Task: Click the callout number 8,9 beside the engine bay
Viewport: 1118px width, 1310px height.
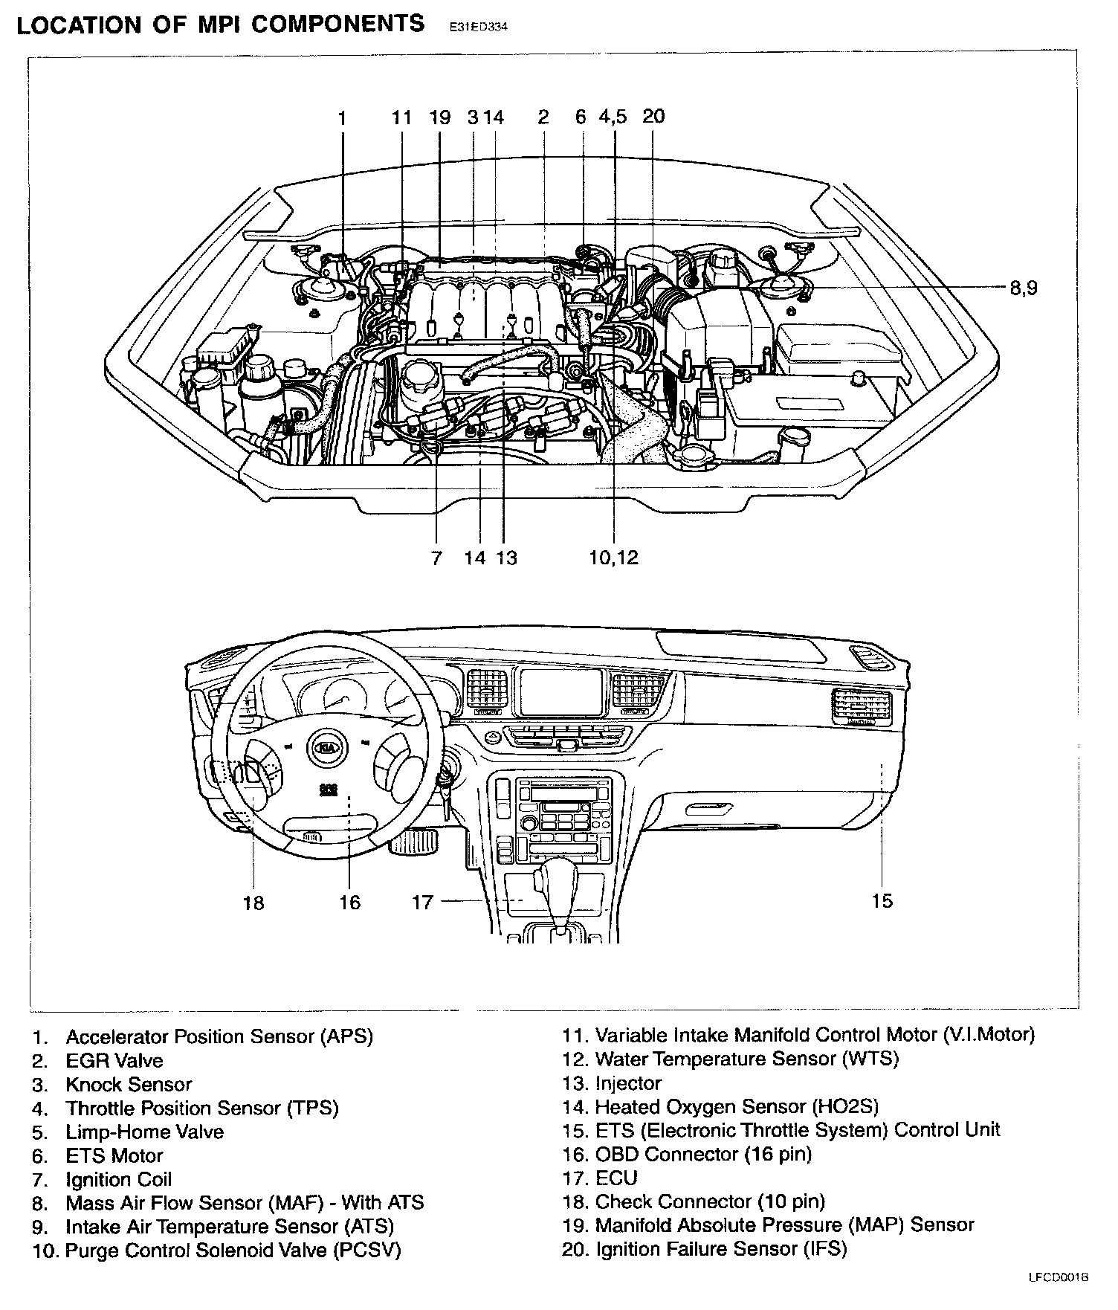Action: [x=1023, y=288]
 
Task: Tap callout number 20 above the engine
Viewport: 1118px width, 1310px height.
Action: [x=653, y=116]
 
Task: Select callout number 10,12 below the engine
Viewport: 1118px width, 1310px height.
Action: [x=613, y=558]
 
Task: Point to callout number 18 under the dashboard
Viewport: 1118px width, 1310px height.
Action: [x=253, y=903]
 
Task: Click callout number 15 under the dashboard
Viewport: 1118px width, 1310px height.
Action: [x=882, y=901]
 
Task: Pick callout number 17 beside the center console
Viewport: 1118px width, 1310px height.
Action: [x=422, y=902]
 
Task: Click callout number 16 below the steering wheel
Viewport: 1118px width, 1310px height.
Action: [x=349, y=903]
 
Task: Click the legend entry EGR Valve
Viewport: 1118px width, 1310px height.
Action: [x=114, y=1060]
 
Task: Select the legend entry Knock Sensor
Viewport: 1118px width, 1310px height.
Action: [x=129, y=1084]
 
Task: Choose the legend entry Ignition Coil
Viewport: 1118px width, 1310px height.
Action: [x=118, y=1179]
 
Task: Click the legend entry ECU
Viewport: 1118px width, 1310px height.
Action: [x=616, y=1178]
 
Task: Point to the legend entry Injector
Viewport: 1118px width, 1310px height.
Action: [x=628, y=1083]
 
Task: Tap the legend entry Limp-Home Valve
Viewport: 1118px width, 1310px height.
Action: [x=144, y=1132]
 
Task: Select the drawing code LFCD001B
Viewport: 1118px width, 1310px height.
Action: [x=1059, y=1298]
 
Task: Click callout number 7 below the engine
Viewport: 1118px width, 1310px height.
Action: [x=436, y=558]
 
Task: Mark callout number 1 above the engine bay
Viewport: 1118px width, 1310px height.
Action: [x=342, y=117]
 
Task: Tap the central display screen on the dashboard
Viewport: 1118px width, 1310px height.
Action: [x=560, y=690]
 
